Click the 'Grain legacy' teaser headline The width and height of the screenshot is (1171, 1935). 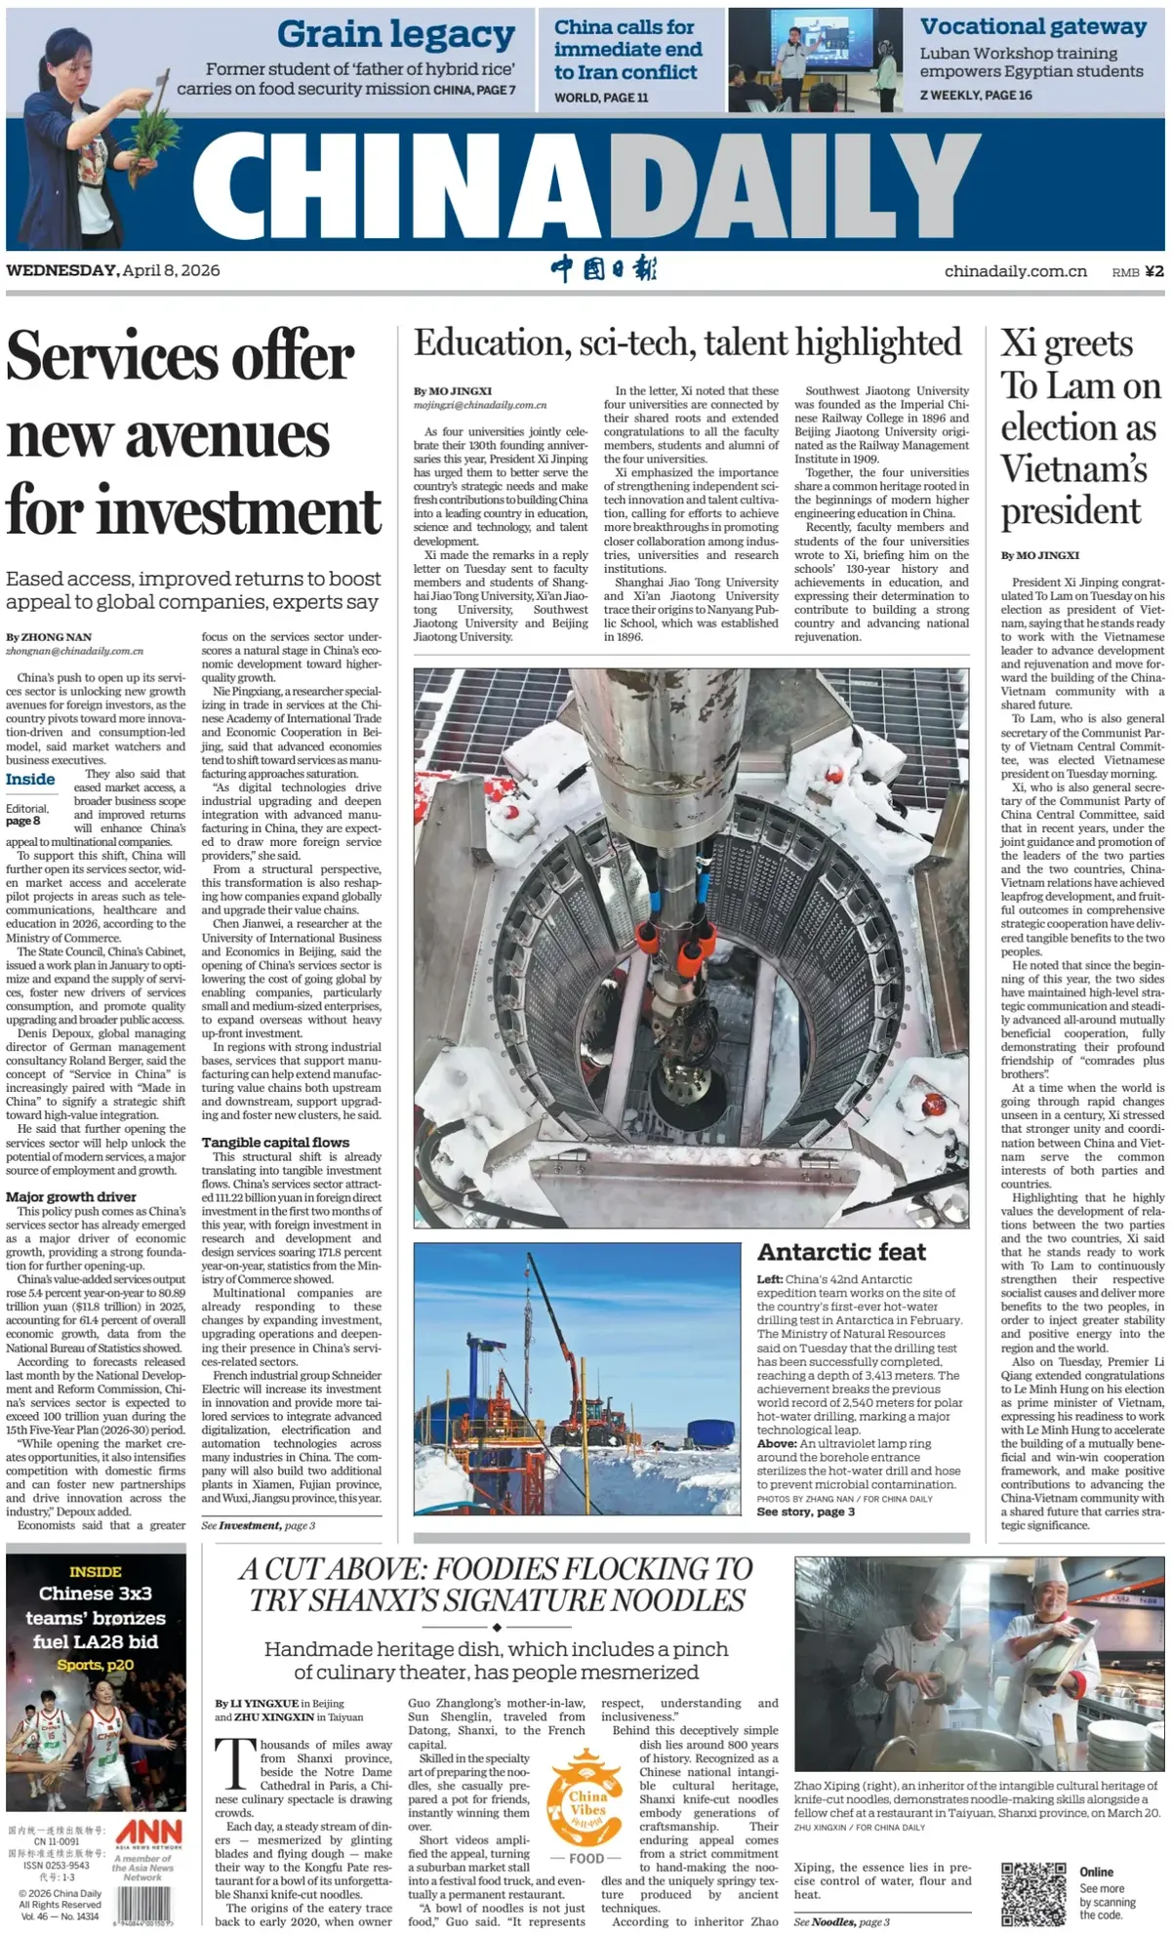pos(395,35)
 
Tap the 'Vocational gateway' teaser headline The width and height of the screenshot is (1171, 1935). pos(1032,27)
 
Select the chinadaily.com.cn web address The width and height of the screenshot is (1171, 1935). pos(1015,271)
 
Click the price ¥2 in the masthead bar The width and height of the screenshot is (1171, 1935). pos(1153,271)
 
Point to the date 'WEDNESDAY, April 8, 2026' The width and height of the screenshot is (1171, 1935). pos(113,270)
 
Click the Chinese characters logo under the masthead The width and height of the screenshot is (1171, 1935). pos(604,269)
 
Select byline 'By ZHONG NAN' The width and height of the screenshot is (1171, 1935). pos(49,637)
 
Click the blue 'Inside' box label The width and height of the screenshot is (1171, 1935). pos(30,779)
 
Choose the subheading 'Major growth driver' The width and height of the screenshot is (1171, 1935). pos(71,1196)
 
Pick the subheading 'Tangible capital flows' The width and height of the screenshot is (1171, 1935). pos(275,1142)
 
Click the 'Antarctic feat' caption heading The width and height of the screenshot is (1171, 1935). pos(841,1252)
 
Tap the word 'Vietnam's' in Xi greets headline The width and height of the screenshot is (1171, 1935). pos(1073,469)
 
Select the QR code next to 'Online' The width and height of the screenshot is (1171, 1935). pos(1032,1893)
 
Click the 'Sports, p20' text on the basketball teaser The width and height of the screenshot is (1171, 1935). pos(95,1665)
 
